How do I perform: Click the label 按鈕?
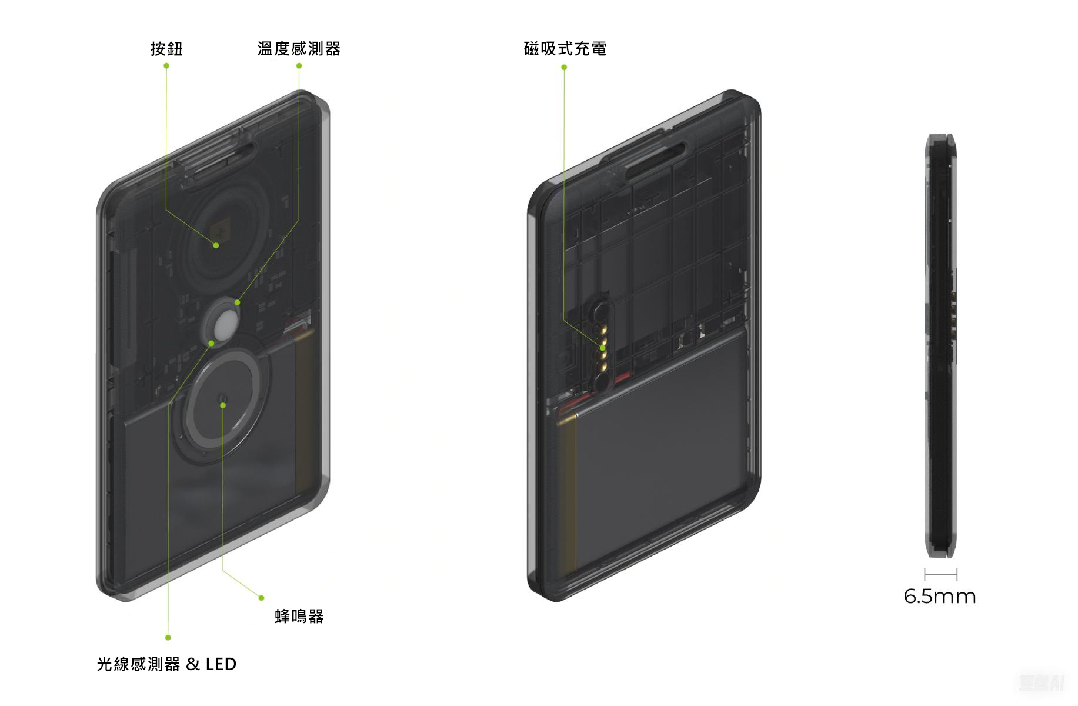point(166,49)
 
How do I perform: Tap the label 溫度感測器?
point(299,49)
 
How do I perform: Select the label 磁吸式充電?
point(565,49)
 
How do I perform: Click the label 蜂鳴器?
point(299,617)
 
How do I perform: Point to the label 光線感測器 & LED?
point(166,664)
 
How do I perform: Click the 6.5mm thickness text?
point(940,597)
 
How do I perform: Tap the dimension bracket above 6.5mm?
point(940,574)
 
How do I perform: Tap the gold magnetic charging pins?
point(603,347)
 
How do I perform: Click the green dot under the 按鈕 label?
point(166,66)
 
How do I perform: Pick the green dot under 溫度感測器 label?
point(299,66)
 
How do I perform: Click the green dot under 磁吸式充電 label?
point(564,67)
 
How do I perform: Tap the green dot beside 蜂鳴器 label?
point(262,598)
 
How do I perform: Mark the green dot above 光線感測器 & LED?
point(168,637)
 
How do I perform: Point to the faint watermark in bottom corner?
point(1042,682)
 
